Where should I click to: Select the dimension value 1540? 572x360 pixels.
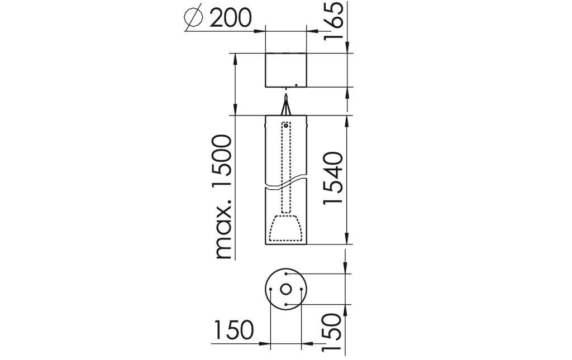(x=333, y=177)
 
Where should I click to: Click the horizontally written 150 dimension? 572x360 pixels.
(x=233, y=330)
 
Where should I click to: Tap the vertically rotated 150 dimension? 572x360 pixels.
(x=333, y=332)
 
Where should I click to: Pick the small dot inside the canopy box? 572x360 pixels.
(x=296, y=85)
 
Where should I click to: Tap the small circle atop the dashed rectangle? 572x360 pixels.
(x=286, y=126)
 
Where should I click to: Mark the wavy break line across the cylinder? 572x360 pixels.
(x=285, y=184)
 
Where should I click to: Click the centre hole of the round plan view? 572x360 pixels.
(x=285, y=289)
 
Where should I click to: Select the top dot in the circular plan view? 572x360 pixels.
(x=285, y=274)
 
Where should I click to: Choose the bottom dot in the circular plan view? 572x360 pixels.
(x=285, y=304)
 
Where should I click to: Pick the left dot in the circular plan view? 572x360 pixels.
(x=270, y=289)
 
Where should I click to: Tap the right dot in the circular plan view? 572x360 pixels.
(x=301, y=289)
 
